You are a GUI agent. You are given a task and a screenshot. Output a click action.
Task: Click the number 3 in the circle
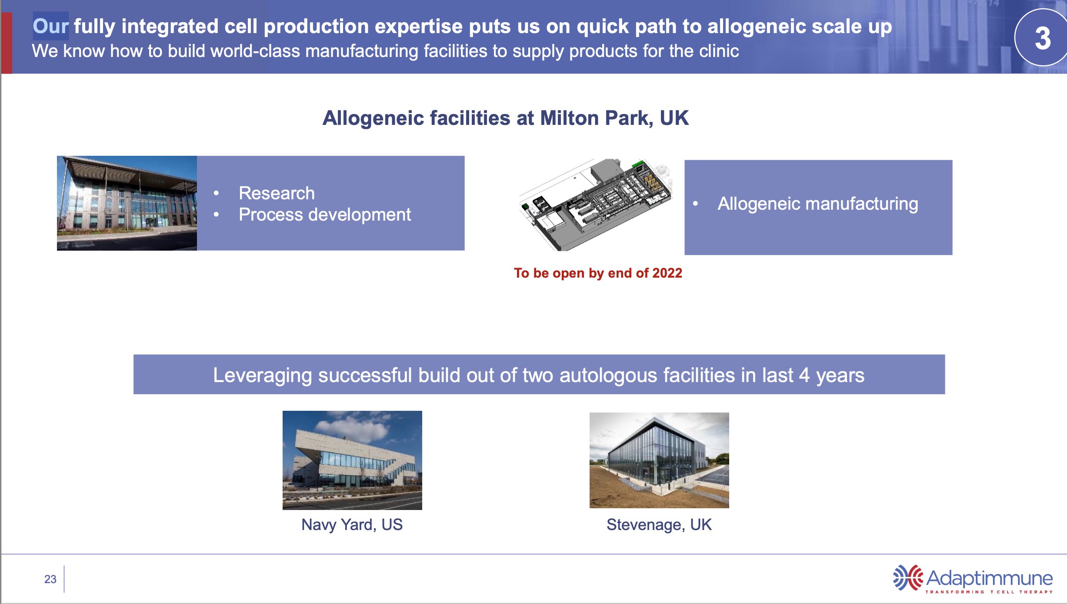pos(1043,38)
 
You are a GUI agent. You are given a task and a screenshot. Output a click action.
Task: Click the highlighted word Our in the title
pos(50,26)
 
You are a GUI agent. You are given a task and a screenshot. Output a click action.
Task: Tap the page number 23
pos(50,579)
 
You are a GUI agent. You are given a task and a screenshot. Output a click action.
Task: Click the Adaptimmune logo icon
pos(908,577)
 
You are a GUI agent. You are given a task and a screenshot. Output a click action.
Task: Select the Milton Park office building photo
pos(127,203)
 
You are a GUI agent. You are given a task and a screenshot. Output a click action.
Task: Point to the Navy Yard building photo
pos(352,460)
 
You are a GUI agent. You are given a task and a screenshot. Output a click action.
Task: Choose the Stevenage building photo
pos(659,460)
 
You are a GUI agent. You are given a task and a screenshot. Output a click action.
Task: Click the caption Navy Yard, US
pos(352,525)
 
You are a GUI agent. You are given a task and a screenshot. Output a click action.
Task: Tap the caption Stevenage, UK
pos(659,525)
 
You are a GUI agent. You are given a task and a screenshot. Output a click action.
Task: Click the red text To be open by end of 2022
pos(598,273)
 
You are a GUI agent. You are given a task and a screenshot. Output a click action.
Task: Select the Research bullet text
pos(277,193)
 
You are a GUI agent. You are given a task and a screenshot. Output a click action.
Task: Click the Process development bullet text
pos(325,215)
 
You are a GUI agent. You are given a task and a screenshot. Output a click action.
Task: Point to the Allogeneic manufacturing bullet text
pos(818,204)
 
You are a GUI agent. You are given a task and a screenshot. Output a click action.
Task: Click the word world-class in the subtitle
pos(255,51)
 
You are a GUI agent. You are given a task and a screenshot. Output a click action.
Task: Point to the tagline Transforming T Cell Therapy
pos(989,592)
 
